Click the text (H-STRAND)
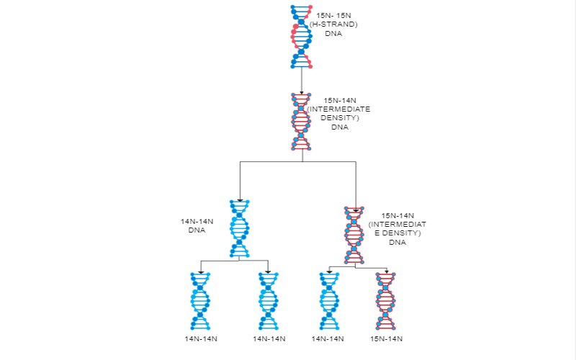point(333,24)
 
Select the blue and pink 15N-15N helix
point(302,37)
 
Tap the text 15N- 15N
point(333,15)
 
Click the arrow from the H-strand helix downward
point(302,81)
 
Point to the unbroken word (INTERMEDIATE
point(338,109)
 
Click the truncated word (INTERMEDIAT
point(397,224)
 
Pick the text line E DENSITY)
point(397,233)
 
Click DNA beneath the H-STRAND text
point(333,33)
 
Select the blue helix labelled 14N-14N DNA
point(240,228)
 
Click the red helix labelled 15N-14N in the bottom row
point(386,301)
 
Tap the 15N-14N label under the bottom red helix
point(386,338)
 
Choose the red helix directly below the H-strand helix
point(301,122)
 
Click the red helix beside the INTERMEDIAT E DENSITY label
point(354,235)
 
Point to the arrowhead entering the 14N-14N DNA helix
point(240,200)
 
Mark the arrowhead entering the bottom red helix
point(387,272)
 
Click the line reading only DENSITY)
point(340,118)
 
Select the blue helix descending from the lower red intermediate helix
point(329,301)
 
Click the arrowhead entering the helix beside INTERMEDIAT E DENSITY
point(356,211)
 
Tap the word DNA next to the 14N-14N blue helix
point(197,230)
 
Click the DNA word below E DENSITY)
point(397,242)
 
